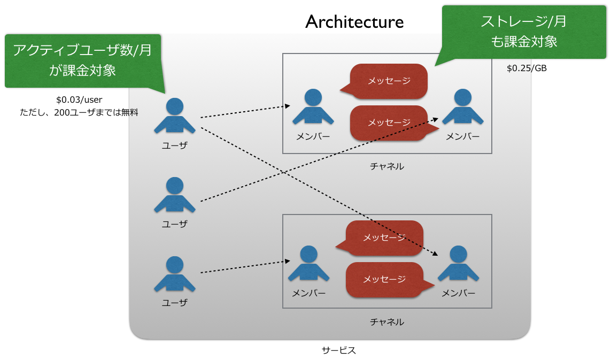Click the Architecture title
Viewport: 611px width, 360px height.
click(x=354, y=22)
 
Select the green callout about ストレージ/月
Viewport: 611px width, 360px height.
click(x=523, y=32)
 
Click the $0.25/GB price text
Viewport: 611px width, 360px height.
click(x=527, y=68)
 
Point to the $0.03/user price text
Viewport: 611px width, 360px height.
click(x=79, y=99)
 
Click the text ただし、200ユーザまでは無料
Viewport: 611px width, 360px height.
click(x=79, y=112)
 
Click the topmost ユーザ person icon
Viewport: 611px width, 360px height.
click(x=174, y=116)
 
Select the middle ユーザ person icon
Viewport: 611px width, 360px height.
click(x=174, y=195)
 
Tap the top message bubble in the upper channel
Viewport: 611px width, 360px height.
click(x=389, y=81)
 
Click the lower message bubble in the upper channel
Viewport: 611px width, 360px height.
click(x=389, y=122)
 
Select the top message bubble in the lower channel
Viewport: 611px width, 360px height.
click(x=384, y=238)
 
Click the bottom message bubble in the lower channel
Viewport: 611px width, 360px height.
click(x=384, y=279)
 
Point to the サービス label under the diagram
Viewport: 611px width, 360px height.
click(x=338, y=351)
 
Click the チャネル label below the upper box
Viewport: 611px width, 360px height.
click(x=387, y=166)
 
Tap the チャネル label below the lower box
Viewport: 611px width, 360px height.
click(x=387, y=322)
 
